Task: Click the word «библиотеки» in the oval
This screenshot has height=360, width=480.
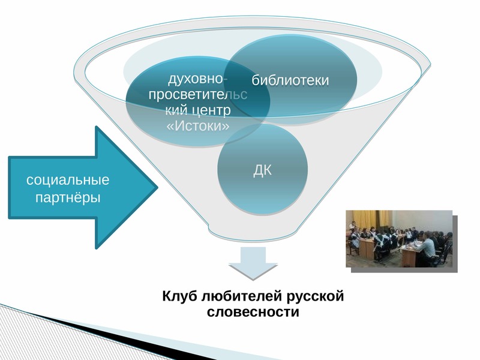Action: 290,80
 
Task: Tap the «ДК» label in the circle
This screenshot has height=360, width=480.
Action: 262,170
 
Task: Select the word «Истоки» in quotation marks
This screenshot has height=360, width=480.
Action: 198,125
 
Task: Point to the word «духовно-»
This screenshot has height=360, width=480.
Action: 198,79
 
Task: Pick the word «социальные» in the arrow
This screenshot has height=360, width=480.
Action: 68,179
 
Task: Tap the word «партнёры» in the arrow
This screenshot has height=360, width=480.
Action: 68,197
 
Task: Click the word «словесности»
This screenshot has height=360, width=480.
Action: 253,312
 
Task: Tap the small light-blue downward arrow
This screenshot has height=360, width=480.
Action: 253,263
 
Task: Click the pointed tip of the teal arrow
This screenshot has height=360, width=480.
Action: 157,187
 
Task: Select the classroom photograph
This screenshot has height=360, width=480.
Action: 399,239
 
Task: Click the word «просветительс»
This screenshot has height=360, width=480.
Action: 198,95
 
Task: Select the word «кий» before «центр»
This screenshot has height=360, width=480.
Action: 176,110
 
